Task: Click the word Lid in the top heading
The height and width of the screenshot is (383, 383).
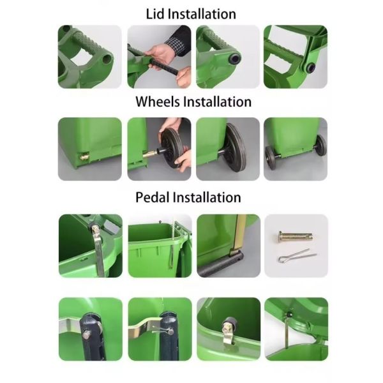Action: click(x=154, y=14)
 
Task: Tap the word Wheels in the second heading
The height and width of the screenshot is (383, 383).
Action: click(x=157, y=101)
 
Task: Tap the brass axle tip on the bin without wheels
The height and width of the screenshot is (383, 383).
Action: click(x=85, y=156)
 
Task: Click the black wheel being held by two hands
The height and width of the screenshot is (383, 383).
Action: click(x=172, y=147)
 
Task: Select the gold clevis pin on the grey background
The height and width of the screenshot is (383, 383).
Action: click(x=295, y=236)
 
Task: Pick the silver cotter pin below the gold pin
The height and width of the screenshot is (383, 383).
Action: click(x=297, y=256)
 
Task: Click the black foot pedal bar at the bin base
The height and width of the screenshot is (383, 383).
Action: click(x=220, y=264)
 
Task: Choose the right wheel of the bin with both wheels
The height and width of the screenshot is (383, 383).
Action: click(x=321, y=145)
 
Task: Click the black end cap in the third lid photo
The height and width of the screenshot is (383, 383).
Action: click(x=235, y=59)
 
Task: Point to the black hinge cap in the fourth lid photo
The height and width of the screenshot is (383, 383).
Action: click(x=311, y=68)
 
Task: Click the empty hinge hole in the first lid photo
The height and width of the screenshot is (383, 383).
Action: click(x=107, y=58)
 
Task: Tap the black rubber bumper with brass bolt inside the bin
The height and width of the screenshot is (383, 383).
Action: click(x=229, y=326)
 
